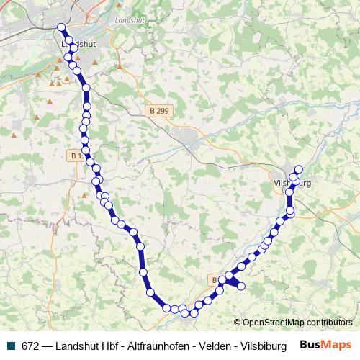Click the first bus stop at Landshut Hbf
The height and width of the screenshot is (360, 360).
[x=61, y=28]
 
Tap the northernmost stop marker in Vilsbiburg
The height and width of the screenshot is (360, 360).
[x=299, y=170]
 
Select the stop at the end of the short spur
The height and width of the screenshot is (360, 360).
[x=241, y=287]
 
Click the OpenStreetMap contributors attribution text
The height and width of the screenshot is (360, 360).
[x=297, y=323]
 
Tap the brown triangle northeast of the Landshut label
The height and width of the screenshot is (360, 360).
[x=115, y=68]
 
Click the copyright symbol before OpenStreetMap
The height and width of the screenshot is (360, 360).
[x=238, y=323]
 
